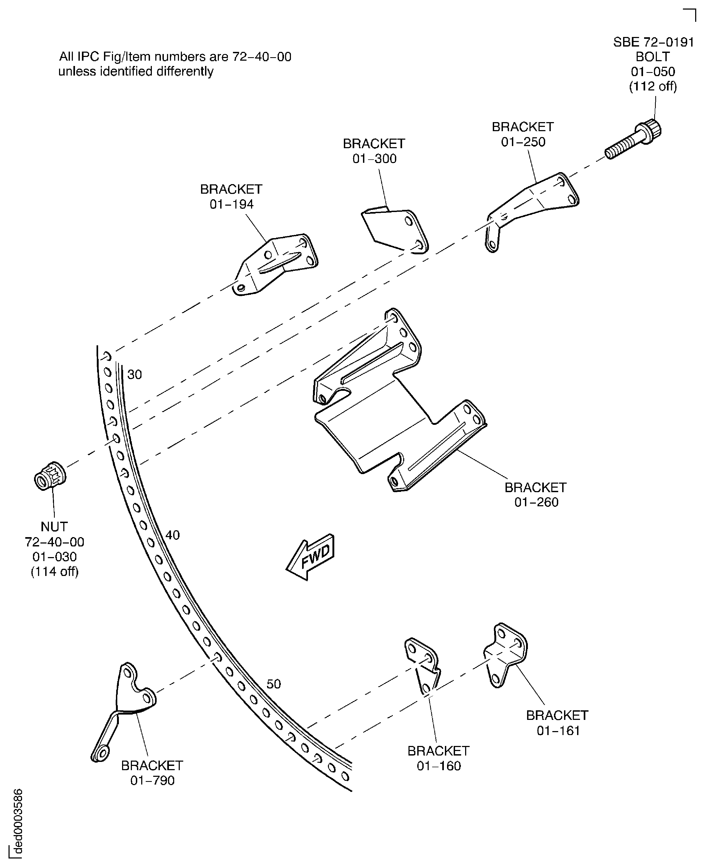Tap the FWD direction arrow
coord(311,557)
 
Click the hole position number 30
coord(134,374)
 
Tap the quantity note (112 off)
coord(653,86)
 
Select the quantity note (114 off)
coord(55,572)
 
